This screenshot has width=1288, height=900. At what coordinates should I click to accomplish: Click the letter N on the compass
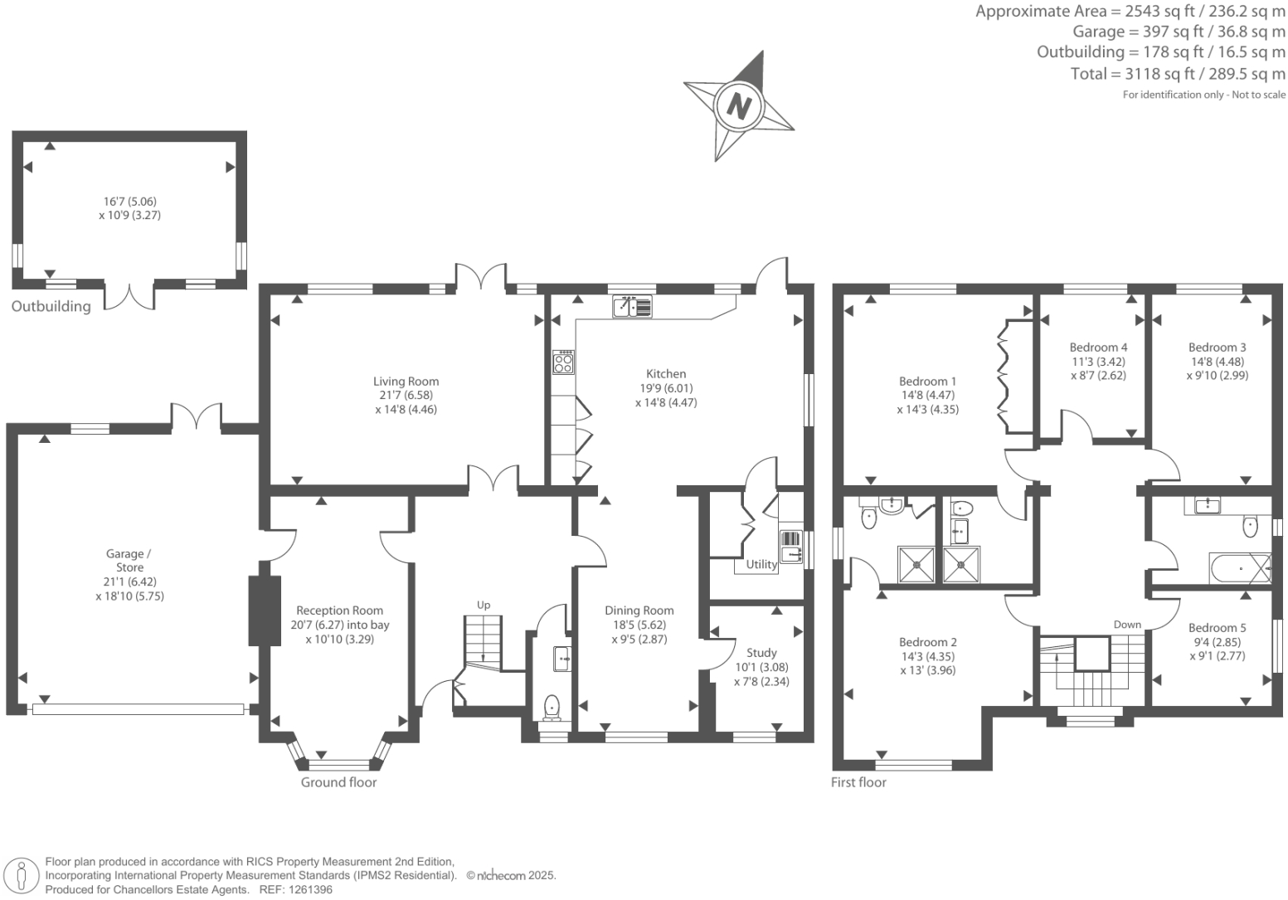point(738,106)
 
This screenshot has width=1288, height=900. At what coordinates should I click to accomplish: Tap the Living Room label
point(406,382)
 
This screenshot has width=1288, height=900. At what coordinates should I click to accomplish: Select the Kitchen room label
point(666,374)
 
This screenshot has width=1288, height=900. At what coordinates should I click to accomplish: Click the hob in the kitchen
point(564,362)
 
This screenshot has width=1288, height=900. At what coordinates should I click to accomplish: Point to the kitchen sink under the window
point(632,308)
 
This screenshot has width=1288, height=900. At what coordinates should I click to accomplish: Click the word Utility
point(761,565)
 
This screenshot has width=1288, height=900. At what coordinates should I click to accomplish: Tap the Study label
point(761,653)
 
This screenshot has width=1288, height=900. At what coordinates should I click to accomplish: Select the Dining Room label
point(639,611)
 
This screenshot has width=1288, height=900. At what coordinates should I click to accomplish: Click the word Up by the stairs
point(483,605)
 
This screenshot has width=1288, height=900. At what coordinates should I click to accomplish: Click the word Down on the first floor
point(1127,625)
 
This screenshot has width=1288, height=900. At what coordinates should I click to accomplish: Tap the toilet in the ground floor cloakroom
point(552,707)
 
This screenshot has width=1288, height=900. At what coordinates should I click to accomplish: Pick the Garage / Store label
point(129,561)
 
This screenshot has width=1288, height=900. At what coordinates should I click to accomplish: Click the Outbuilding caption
point(51,307)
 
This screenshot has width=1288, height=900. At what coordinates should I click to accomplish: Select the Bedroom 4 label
point(1098,348)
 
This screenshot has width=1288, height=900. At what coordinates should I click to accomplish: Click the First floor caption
point(858,782)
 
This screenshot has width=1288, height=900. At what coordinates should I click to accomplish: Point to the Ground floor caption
point(338,782)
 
